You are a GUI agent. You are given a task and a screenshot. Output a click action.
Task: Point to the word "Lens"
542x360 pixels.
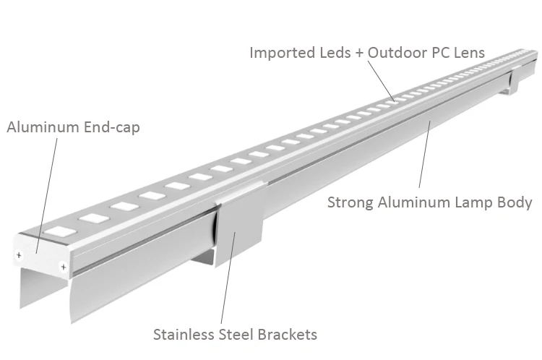[468, 53]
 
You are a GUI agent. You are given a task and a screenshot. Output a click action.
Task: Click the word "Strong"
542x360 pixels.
[350, 202]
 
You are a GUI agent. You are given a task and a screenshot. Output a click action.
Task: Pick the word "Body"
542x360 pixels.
[515, 202]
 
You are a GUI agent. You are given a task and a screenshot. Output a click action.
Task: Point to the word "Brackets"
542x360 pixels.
[289, 335]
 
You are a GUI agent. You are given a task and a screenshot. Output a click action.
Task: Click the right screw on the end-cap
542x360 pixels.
[64, 267]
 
